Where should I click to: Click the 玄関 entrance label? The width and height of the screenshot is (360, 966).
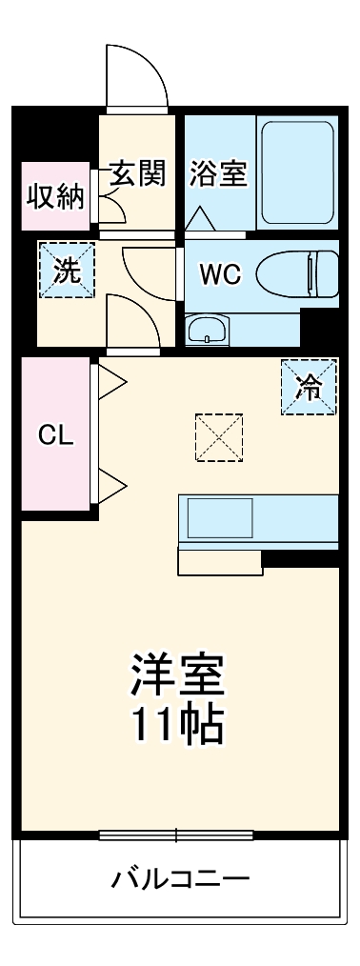138,173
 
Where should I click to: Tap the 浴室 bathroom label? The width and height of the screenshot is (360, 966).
218,174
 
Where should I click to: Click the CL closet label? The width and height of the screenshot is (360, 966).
54,434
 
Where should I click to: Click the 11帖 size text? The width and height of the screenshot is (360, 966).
177,726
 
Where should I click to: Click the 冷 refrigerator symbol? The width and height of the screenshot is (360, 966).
309,387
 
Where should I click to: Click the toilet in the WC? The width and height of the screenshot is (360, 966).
297,274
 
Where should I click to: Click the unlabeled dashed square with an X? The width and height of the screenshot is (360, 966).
218,437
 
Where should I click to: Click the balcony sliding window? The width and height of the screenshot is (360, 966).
176,836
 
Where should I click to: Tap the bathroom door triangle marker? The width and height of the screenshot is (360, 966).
201,218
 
